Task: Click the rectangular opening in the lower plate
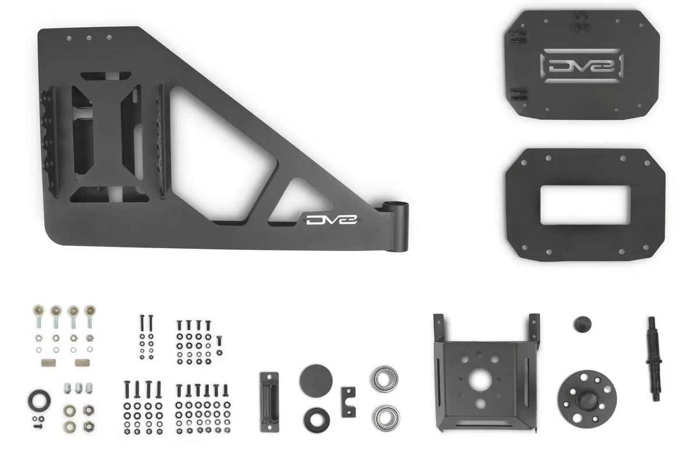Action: pos(585,206)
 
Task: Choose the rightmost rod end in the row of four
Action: pos(90,314)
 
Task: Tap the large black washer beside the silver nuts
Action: pos(38,400)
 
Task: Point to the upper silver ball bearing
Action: pos(383,378)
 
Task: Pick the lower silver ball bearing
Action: pos(383,416)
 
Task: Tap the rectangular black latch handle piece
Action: pos(269,402)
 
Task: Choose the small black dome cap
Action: pos(581,324)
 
